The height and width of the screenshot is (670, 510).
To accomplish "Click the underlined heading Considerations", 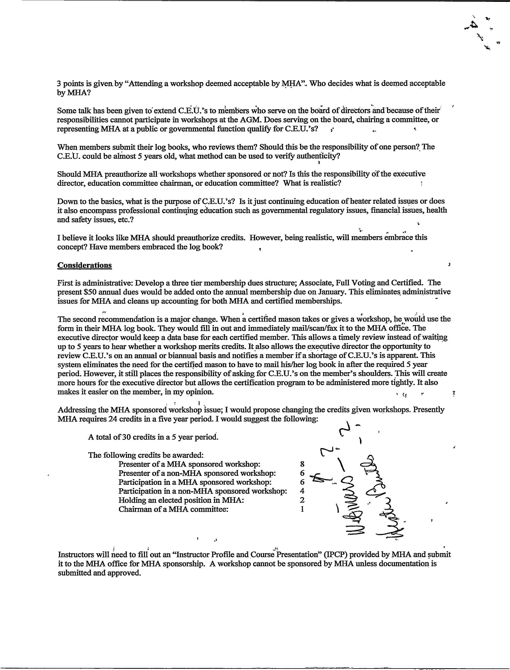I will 84,265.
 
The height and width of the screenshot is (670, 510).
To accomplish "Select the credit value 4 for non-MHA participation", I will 302,491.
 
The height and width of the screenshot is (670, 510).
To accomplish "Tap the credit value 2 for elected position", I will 302,500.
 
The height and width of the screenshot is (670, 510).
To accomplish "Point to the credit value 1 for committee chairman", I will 302,509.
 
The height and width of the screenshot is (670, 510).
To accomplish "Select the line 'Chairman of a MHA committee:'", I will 173,509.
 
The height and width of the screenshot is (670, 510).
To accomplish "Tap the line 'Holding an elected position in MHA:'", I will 181,500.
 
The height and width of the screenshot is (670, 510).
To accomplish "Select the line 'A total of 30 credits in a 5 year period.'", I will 153,437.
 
